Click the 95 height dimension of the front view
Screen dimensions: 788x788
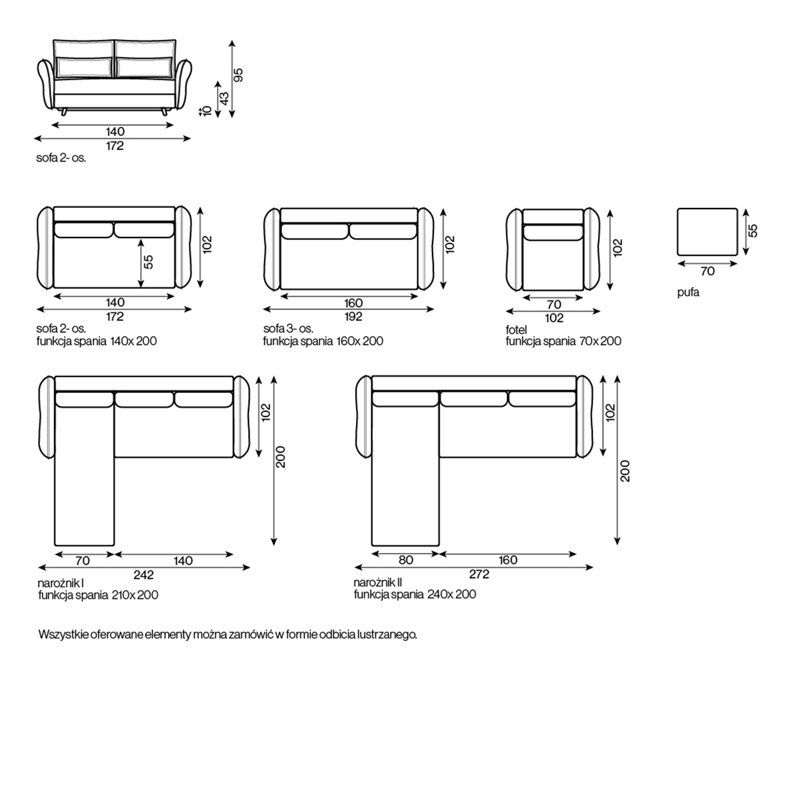(x=238, y=75)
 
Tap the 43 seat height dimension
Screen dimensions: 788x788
(x=225, y=98)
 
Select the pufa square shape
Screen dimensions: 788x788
(x=707, y=232)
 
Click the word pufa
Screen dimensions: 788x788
(x=688, y=292)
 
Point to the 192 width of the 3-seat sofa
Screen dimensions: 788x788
(x=353, y=317)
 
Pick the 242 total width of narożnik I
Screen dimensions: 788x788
(x=144, y=575)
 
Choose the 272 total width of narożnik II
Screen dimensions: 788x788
(x=479, y=574)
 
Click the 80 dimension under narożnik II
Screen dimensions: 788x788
(x=406, y=560)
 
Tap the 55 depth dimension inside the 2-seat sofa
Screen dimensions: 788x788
(x=148, y=261)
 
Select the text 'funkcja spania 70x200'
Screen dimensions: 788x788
(x=563, y=341)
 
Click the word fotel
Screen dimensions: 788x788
(x=516, y=330)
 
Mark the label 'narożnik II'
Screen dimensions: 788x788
(x=378, y=583)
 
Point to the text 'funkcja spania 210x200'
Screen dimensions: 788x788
(x=98, y=596)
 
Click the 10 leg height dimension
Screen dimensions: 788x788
(x=207, y=111)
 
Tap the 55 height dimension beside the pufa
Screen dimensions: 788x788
(x=753, y=230)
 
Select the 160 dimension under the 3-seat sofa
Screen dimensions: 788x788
(x=353, y=303)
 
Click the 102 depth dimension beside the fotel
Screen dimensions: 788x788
(x=618, y=247)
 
